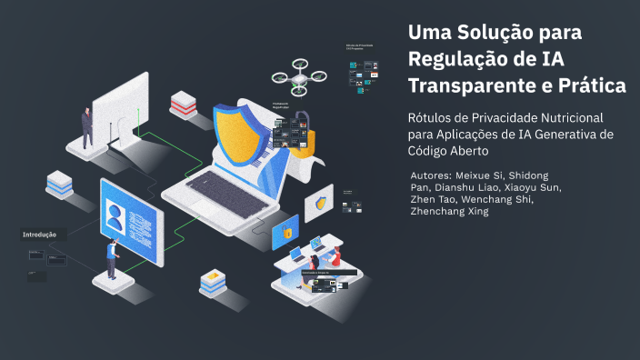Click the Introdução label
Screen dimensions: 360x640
(40, 235)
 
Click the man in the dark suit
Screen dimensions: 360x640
(87, 127)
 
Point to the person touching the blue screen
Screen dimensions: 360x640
(112, 258)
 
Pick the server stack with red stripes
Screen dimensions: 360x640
(183, 103)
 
